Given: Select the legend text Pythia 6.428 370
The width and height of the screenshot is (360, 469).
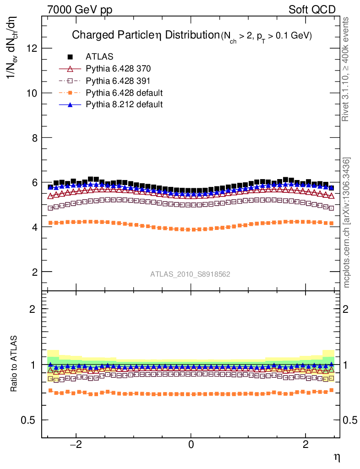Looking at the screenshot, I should coord(118,69).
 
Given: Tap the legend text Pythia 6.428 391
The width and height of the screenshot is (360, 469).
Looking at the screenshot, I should coord(118,81).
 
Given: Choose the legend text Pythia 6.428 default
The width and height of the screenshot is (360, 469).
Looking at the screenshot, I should coord(124,93).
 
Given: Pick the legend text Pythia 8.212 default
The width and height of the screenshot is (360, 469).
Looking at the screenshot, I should coord(124,105).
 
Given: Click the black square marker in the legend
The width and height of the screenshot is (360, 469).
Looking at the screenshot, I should coord(70,57).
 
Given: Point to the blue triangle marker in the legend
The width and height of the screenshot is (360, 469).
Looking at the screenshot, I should coord(70,105).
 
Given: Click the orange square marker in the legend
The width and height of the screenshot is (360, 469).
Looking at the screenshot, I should coord(70,93).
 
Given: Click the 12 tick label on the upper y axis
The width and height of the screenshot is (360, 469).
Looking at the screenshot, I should coord(31,48).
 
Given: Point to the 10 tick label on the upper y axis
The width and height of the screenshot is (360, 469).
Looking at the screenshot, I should coord(31,93).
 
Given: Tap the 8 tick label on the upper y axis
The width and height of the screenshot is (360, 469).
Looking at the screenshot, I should coord(34,138).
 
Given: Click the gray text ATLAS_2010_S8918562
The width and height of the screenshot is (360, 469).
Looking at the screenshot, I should coord(190,274).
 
